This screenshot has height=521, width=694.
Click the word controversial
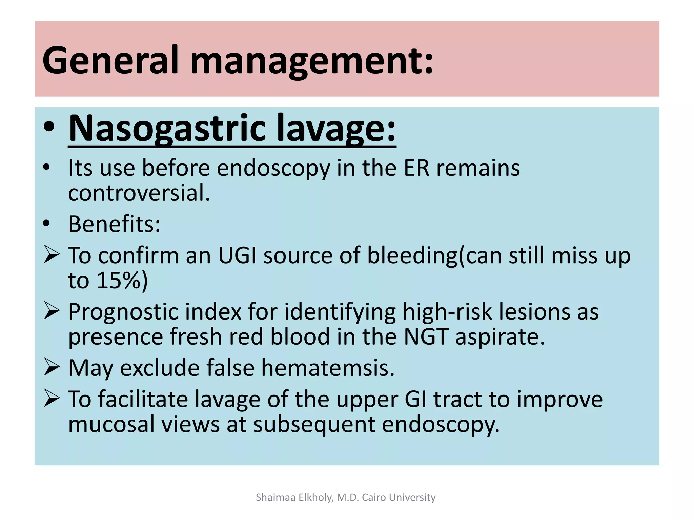pyautogui.click(x=139, y=193)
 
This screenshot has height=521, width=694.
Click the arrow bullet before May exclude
pyautogui.click(x=52, y=368)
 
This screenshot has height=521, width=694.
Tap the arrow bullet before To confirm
pyautogui.click(x=52, y=255)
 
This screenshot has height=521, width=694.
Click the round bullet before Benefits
pyautogui.click(x=46, y=224)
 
